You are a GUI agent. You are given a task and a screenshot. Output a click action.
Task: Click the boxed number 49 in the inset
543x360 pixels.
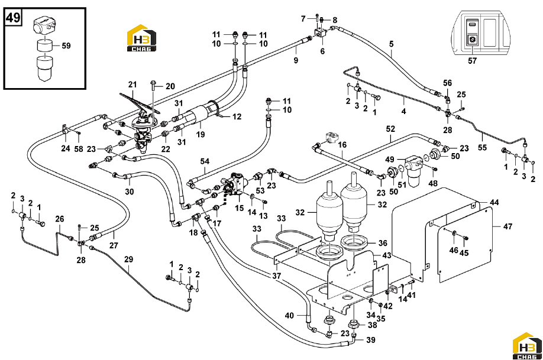13,17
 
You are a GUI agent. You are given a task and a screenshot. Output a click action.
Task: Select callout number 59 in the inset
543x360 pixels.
66,46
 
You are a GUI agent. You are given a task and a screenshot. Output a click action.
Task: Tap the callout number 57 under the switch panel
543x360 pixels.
472,60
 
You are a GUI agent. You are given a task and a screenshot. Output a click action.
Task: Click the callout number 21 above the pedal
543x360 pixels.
132,84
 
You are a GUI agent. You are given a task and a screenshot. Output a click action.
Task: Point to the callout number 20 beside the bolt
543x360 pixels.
170,86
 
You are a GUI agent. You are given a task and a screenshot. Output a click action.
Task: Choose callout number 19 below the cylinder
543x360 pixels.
201,134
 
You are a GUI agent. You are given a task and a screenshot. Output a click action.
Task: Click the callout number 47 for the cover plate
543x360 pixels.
508,226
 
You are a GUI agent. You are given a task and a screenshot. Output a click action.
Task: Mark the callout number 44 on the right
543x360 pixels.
494,202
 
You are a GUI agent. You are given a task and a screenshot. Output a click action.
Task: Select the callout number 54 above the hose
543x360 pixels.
205,161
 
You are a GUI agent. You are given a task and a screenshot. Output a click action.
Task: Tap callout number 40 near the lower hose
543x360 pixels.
289,315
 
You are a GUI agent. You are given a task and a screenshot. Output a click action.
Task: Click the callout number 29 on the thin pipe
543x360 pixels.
128,260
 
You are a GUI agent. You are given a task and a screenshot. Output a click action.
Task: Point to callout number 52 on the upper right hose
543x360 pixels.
390,129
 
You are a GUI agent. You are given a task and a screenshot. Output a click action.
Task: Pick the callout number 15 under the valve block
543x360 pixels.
240,208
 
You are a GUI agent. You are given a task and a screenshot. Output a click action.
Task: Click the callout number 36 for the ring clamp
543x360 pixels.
382,243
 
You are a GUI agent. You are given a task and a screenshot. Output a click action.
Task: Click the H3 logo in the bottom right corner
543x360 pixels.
526,346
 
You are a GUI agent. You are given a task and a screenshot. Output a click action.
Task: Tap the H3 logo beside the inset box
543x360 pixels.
141,38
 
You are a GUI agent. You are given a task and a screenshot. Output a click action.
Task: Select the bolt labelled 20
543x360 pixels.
153,90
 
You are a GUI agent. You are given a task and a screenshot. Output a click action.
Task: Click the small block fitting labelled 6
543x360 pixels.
319,34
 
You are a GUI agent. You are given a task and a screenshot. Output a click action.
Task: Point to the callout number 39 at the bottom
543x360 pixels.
370,340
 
